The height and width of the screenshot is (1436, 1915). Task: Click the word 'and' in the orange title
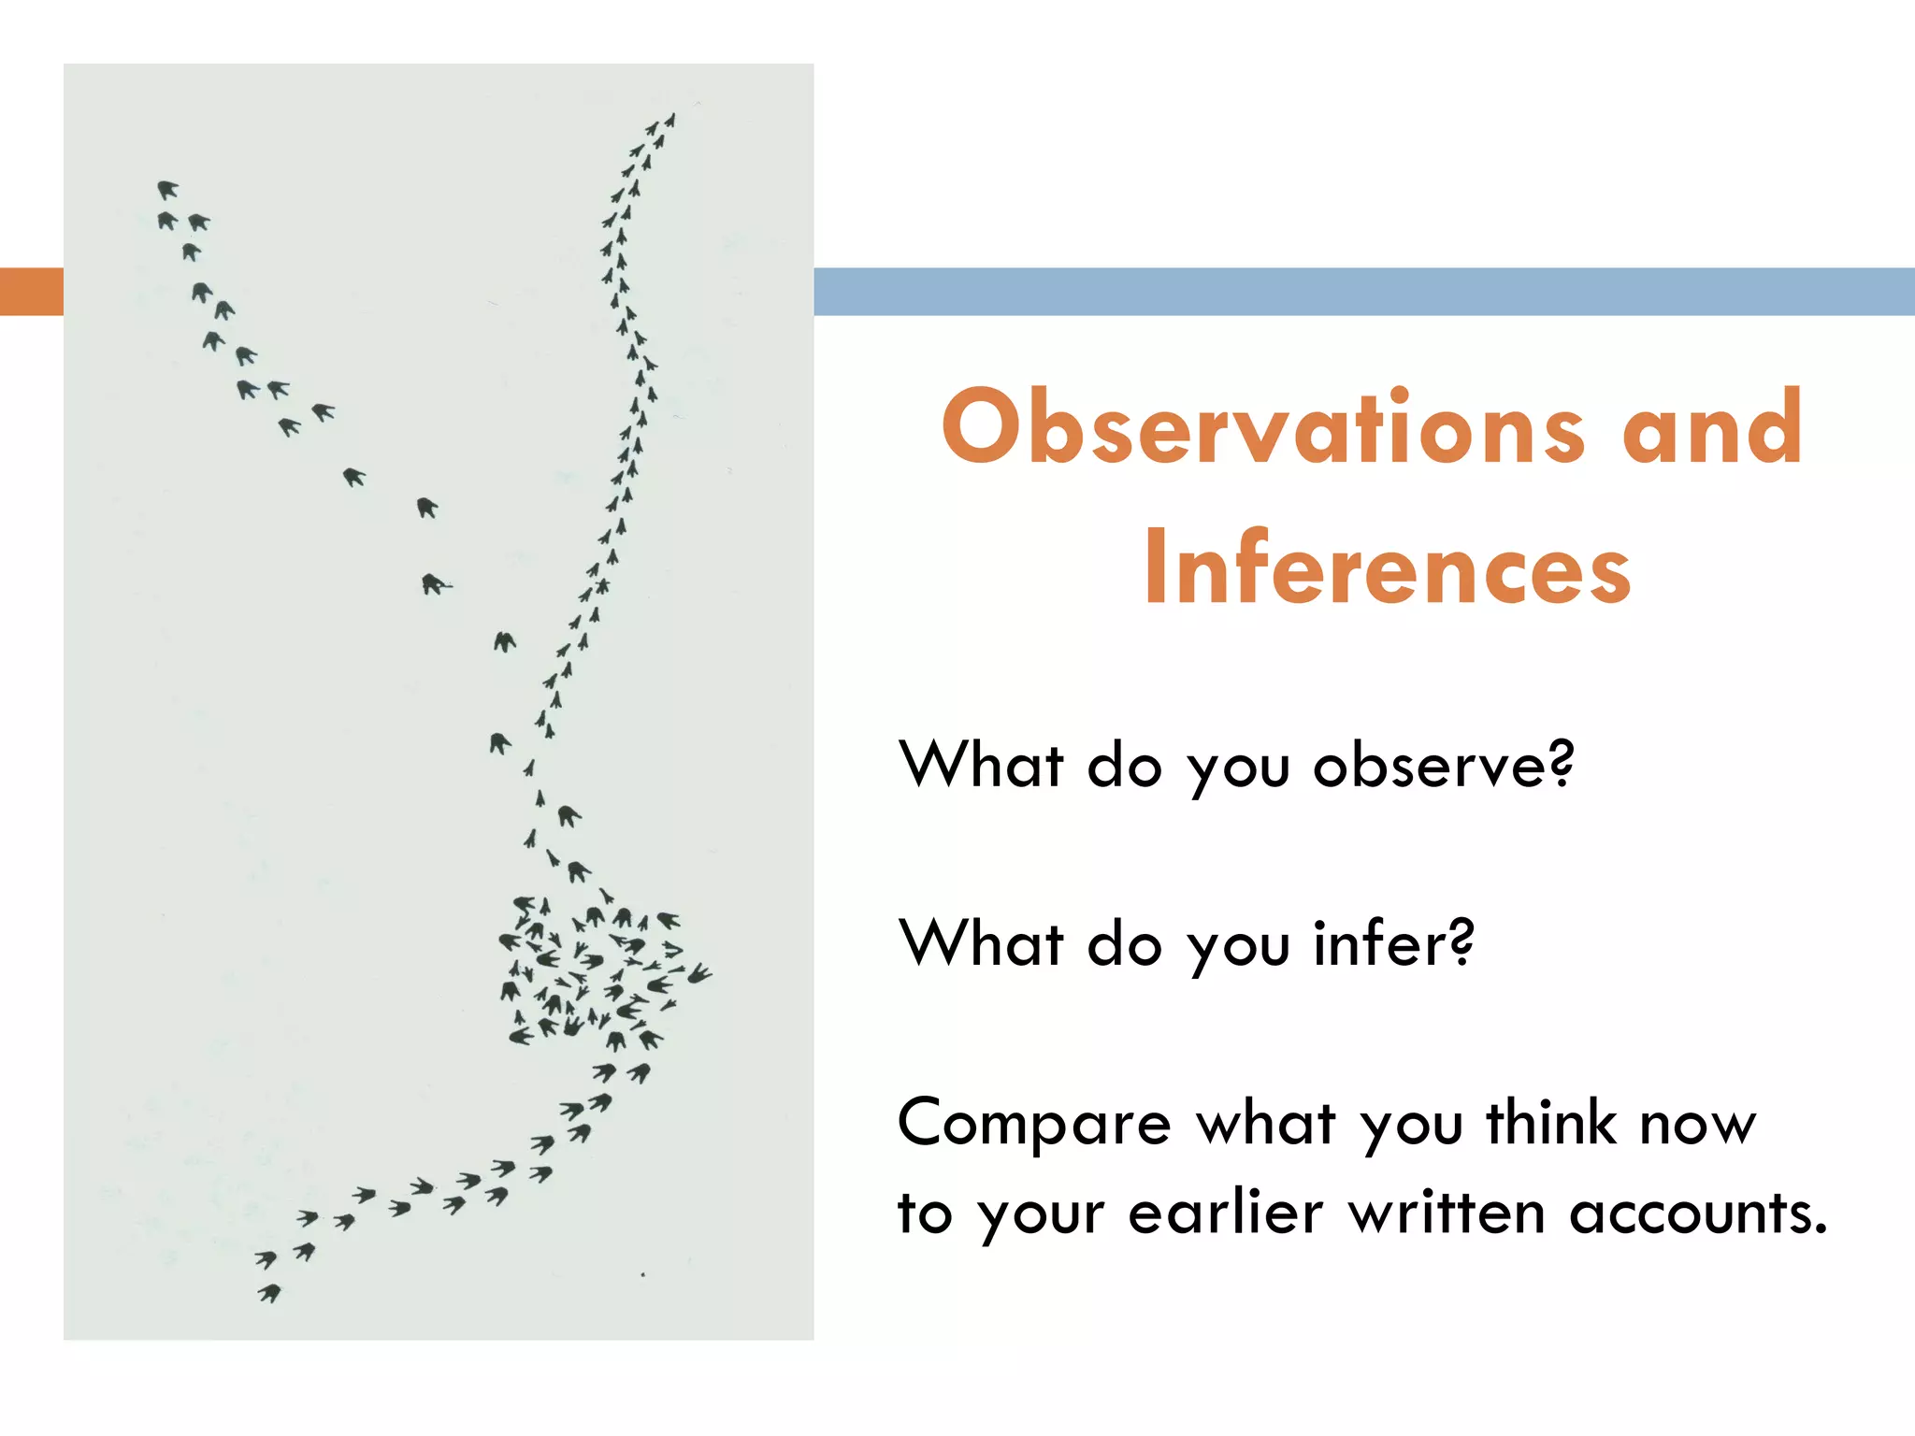pos(1711,428)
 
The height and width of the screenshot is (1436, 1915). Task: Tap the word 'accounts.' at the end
pos(1697,1213)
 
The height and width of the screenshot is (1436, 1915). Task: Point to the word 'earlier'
pos(1225,1213)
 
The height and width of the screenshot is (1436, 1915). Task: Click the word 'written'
pos(1447,1213)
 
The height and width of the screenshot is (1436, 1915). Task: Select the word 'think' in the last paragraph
pos(1551,1122)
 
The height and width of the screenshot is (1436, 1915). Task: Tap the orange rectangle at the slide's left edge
pos(31,291)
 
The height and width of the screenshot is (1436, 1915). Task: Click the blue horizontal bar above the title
pos(1363,291)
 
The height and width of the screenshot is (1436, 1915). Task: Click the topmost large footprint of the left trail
pos(167,190)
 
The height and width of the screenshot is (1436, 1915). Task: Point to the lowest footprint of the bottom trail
pos(269,1293)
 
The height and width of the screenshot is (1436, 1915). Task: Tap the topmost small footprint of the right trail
pos(670,121)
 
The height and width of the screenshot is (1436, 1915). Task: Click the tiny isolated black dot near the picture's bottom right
pos(642,1274)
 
